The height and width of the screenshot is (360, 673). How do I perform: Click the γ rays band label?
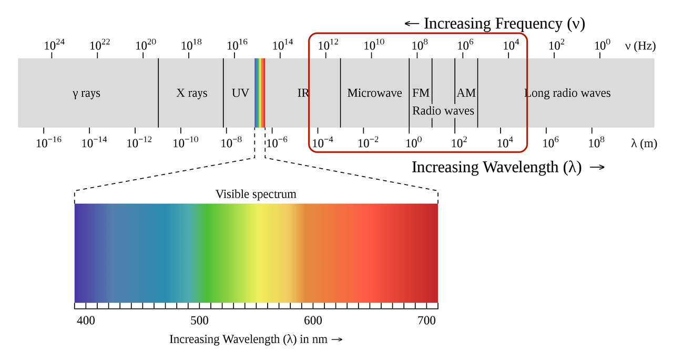click(86, 94)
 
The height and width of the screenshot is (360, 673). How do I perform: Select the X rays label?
click(192, 93)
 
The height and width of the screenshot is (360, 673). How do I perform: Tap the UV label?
click(240, 93)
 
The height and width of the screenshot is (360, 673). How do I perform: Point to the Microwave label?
click(374, 93)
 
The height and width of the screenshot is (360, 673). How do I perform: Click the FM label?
click(421, 93)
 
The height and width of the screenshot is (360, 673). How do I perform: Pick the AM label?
click(466, 93)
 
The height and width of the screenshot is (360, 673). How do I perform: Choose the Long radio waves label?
click(567, 93)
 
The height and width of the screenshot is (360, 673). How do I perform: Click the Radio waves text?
click(443, 111)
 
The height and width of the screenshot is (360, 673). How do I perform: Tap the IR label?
click(303, 93)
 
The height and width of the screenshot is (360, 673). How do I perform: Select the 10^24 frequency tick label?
click(54, 45)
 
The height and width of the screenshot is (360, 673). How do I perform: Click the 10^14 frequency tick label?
click(282, 45)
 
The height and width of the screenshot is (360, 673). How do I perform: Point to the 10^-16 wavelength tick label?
click(49, 142)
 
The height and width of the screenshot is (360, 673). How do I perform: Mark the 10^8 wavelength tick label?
click(596, 142)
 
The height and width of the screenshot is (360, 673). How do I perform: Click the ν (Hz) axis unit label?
click(640, 46)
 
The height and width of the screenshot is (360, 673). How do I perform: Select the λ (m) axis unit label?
click(644, 143)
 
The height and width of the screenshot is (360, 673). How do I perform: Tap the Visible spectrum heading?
click(256, 194)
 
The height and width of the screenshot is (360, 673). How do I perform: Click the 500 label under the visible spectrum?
click(199, 321)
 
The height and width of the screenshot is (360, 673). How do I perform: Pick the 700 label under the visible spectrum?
click(426, 321)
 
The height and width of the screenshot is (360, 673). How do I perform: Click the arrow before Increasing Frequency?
click(412, 24)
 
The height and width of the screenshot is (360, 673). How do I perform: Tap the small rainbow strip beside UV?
click(260, 93)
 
